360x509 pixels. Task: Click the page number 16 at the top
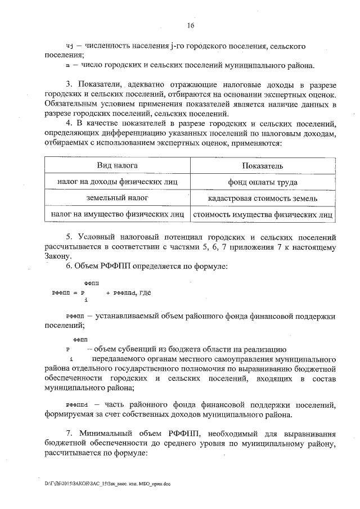tap(190, 25)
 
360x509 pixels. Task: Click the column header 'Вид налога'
tap(118, 165)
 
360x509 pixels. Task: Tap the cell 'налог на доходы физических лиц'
tap(118, 182)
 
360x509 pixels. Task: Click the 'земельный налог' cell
tap(118, 199)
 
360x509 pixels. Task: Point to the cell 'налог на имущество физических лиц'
tap(118, 214)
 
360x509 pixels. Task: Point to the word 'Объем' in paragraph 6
tap(90, 265)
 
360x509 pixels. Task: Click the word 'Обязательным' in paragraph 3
tap(73, 105)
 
